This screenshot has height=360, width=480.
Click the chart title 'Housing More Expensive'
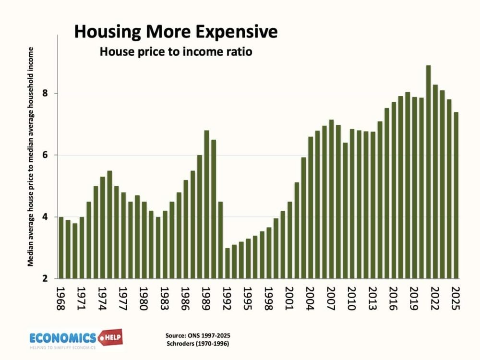click(176, 32)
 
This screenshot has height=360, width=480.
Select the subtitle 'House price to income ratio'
click(176, 51)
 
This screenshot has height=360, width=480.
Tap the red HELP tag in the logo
click(110, 337)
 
